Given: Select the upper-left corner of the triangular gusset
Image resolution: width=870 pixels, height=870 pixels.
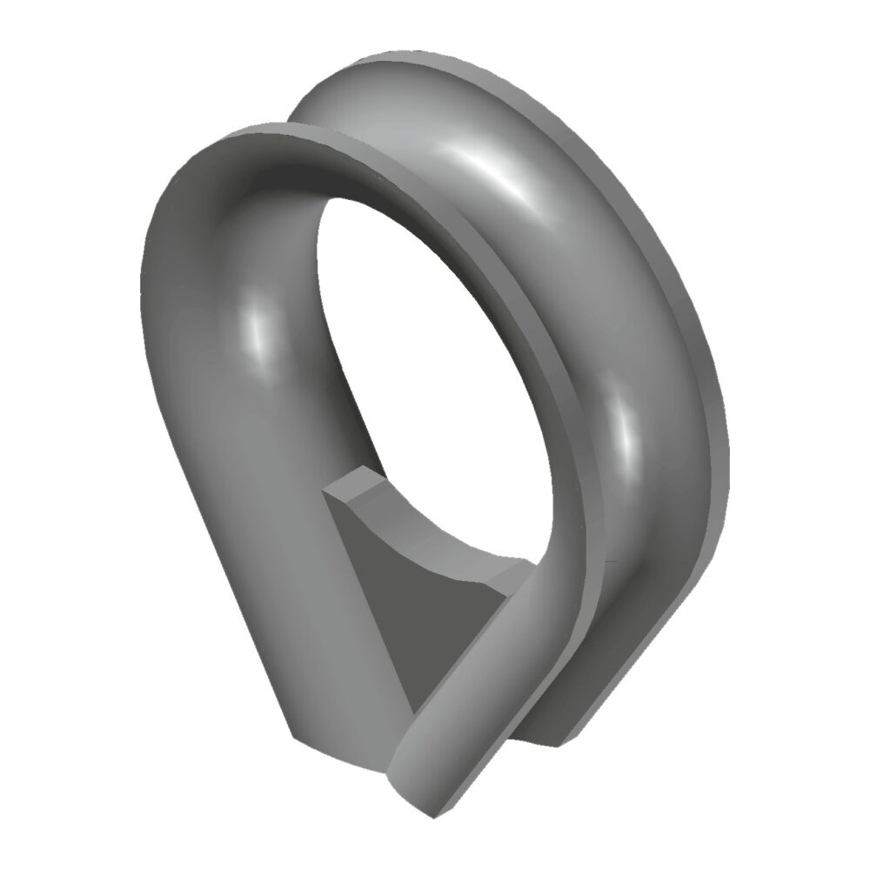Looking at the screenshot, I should [x=324, y=492].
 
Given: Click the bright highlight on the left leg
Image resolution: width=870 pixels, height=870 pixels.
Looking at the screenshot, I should [x=254, y=335].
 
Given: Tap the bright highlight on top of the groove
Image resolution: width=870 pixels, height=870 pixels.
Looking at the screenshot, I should [x=487, y=165].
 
